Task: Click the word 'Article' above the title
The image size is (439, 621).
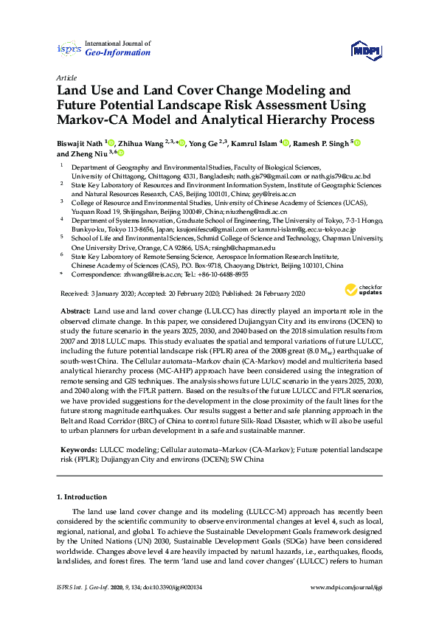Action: pyautogui.click(x=67, y=77)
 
